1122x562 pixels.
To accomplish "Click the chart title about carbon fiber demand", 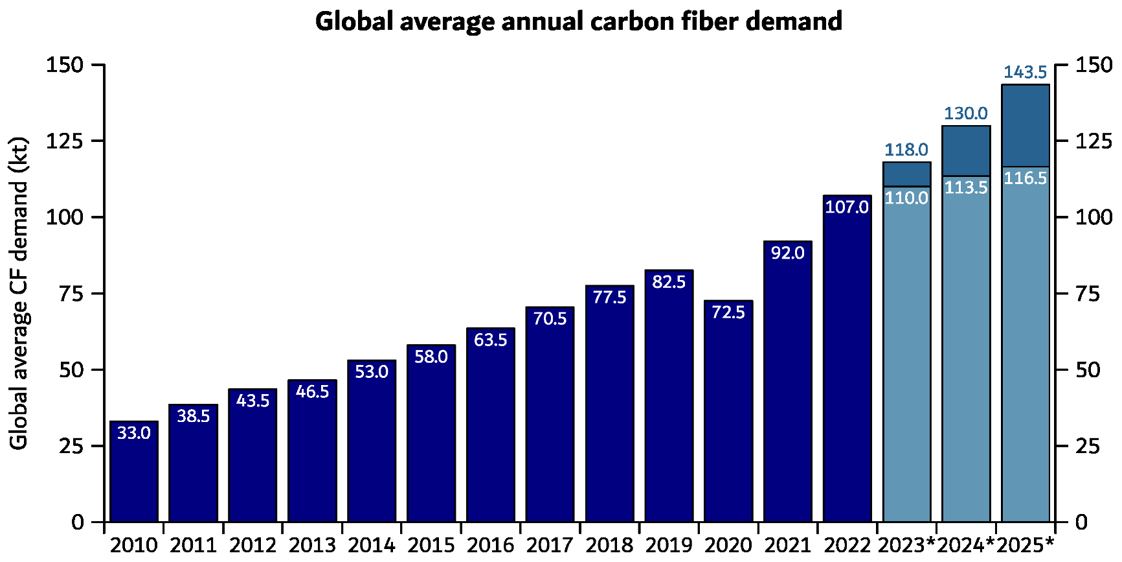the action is [578, 21].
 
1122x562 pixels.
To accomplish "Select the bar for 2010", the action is [134, 471].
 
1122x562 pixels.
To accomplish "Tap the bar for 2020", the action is [728, 411].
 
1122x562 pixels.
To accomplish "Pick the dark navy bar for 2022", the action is [847, 358].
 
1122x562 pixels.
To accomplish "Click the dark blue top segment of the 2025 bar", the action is [1026, 125].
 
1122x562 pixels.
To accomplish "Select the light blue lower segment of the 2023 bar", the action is [907, 354].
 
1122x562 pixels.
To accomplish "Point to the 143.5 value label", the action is [1026, 72].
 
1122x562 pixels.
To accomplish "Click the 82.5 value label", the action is [669, 282].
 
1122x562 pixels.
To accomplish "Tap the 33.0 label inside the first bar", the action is [134, 432].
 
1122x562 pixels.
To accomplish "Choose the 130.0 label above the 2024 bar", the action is [966, 113].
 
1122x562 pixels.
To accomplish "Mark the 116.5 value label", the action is [1026, 178].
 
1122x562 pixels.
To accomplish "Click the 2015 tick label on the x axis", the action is [431, 545].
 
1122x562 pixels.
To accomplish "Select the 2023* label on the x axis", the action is [907, 545].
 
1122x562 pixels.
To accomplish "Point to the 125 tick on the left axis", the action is [64, 141].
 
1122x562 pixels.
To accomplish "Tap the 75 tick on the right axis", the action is [1088, 294].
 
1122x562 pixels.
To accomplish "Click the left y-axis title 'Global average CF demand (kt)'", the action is [19, 292].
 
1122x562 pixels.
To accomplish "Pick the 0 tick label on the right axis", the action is [1081, 522].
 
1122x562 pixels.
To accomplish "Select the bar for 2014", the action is [372, 441].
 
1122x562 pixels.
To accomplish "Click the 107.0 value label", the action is [847, 207].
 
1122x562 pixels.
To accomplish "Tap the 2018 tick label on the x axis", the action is [609, 545].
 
